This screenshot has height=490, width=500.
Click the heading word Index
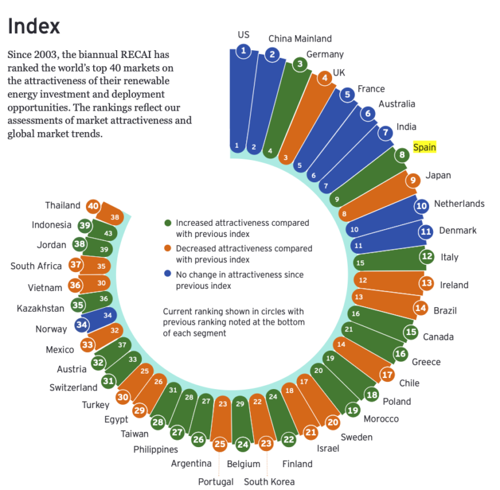(33, 26)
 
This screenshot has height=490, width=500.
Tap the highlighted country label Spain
(424, 147)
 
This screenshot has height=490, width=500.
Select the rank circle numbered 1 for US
(243, 50)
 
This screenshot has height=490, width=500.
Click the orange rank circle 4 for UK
(324, 79)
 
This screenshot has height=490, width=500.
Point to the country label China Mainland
(300, 38)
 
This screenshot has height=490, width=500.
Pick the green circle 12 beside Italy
(427, 256)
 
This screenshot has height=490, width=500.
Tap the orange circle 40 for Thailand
(93, 206)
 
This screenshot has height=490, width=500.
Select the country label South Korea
(269, 482)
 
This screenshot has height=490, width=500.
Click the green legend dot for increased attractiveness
(168, 223)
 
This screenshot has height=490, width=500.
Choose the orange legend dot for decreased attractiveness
(168, 249)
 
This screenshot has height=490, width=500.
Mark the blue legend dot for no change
(168, 275)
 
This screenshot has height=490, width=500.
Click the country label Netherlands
(459, 204)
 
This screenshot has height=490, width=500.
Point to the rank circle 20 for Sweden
(333, 422)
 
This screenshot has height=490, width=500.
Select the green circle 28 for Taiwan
(158, 422)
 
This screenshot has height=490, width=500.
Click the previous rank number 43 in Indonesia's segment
(108, 233)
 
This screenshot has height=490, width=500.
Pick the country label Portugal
(216, 482)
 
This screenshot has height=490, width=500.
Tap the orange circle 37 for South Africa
(76, 265)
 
